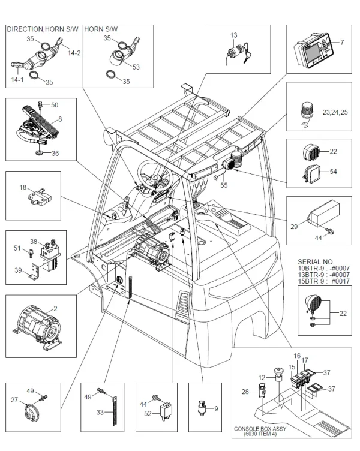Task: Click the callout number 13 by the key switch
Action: click(233, 35)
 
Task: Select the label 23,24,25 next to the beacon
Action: click(334, 112)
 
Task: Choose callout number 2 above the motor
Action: click(55, 308)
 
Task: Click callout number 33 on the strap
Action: click(100, 413)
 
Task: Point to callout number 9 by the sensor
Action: click(217, 408)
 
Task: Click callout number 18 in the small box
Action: click(23, 188)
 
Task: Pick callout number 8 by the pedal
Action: click(60, 119)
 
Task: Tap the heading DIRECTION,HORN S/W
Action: click(42, 29)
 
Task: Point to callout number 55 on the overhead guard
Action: click(223, 186)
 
